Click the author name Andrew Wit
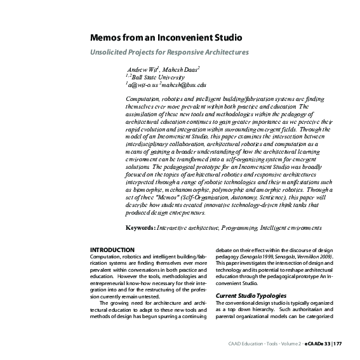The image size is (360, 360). [143, 68]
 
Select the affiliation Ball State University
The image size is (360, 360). [154, 76]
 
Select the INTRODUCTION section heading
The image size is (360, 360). [112, 250]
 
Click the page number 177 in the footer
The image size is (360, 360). [338, 344]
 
